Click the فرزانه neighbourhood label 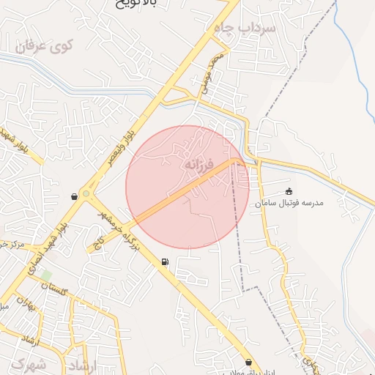(x=198, y=165)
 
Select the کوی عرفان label (x=44, y=46)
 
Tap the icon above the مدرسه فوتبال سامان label (x=289, y=191)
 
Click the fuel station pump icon (x=164, y=262)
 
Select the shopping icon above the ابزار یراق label (x=249, y=362)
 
